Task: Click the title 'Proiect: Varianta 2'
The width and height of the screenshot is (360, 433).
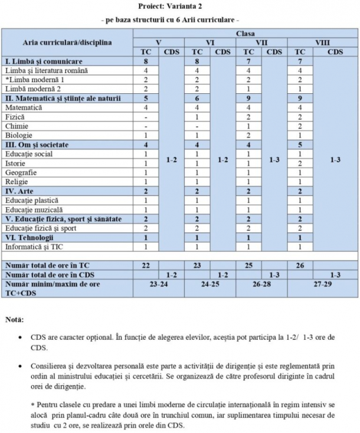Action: point(179,6)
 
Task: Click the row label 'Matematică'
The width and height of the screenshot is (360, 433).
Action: point(24,107)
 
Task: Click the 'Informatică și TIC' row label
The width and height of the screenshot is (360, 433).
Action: point(34,246)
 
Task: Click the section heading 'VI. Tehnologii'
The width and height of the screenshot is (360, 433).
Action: point(29,237)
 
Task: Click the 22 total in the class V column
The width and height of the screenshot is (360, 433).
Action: point(145,265)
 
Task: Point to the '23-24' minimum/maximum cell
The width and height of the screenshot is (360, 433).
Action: point(158,284)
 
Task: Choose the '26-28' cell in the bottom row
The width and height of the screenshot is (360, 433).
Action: point(262,284)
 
